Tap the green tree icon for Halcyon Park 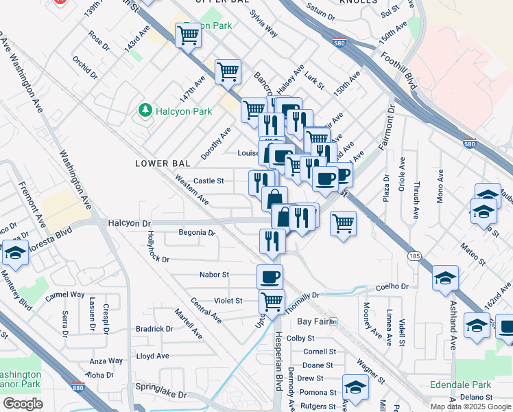click(145, 111)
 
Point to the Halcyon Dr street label click(129, 223)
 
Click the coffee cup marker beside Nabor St click(270, 277)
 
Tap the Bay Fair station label click(313, 321)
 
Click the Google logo click(23, 403)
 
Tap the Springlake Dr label click(161, 395)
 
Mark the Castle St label click(208, 181)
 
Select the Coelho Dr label click(392, 287)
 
